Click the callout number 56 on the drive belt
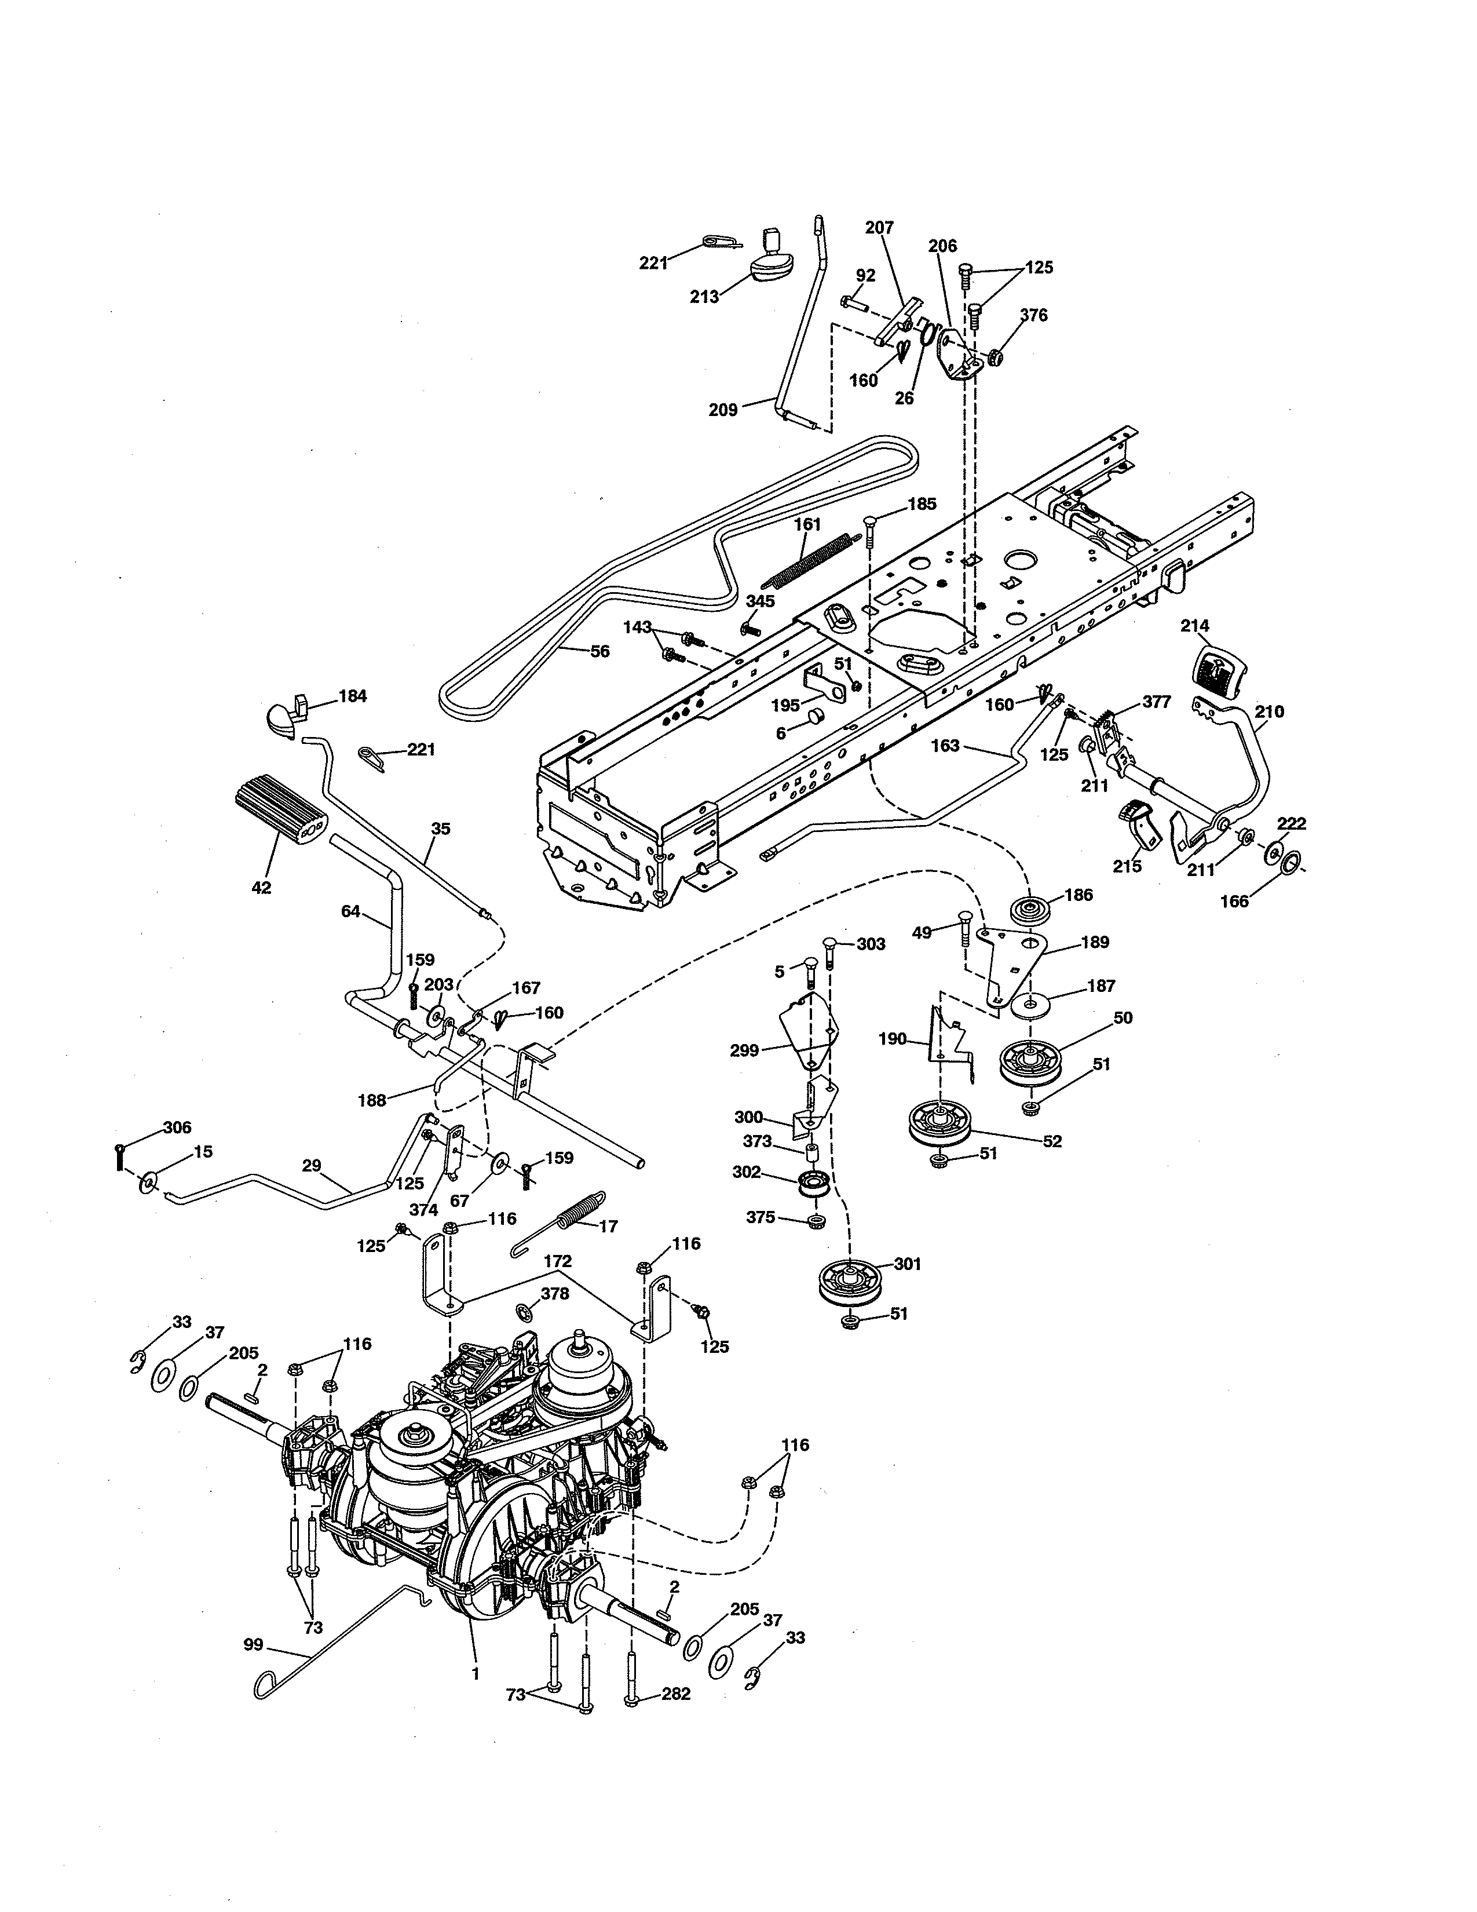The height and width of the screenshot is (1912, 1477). click(599, 651)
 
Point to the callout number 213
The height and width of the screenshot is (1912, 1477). click(704, 297)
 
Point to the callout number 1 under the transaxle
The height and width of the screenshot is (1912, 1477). click(475, 1673)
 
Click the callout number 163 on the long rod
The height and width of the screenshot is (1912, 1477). click(945, 746)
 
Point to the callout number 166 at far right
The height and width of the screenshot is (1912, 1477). click(1234, 901)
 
